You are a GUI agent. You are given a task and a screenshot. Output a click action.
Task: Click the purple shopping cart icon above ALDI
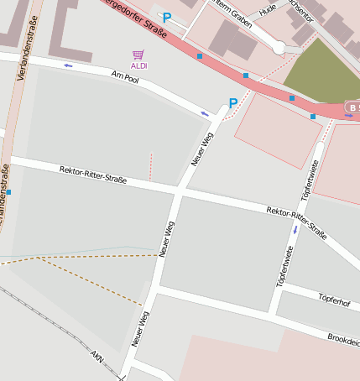point(138,55)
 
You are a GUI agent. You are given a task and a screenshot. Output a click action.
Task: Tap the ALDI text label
point(138,65)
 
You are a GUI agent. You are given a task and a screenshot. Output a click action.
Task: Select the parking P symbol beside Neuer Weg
point(233,103)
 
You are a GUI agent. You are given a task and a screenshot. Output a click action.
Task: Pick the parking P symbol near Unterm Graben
point(167,17)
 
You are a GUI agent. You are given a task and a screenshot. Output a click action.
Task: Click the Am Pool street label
point(123,76)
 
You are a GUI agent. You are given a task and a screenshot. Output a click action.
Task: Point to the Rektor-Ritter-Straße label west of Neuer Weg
point(93,175)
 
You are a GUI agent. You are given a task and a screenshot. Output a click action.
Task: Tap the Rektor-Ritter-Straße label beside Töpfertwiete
point(295,219)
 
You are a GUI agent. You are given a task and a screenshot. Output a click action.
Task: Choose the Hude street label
point(268,9)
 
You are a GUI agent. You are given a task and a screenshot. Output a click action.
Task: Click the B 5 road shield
point(352,108)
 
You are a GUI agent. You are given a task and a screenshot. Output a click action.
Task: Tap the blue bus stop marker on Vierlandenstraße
point(9,192)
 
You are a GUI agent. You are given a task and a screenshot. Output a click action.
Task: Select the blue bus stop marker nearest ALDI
point(200,56)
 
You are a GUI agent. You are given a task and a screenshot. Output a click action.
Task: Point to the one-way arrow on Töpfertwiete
point(295,229)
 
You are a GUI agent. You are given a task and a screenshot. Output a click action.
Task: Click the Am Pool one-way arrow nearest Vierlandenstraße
point(68,65)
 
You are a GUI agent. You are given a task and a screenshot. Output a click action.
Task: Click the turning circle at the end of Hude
point(279,49)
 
